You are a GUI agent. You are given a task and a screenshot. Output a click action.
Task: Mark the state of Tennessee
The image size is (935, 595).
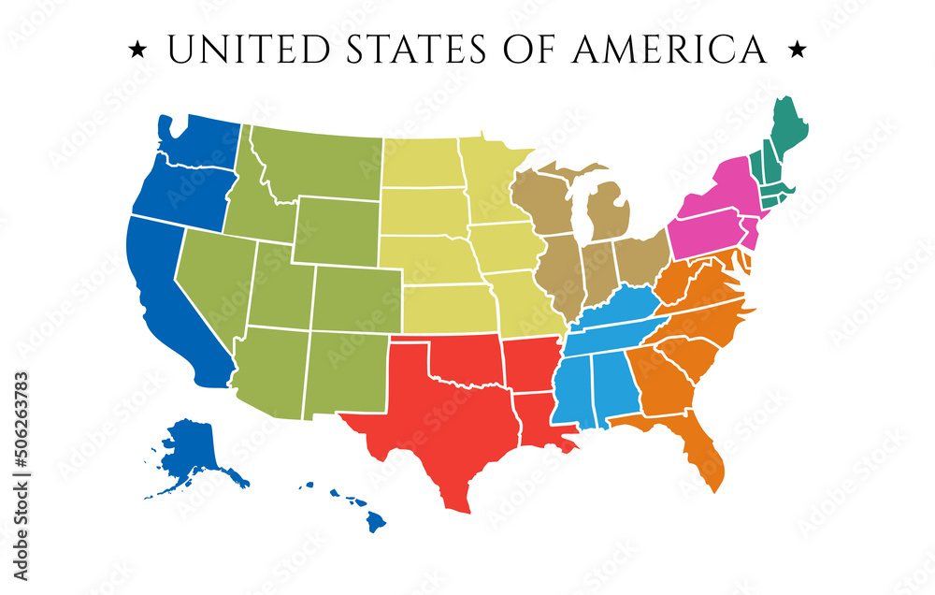coord(617,324)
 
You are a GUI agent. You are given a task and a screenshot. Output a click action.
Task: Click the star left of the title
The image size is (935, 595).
coord(137,47)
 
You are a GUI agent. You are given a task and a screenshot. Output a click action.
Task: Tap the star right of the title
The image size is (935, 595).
coord(798,47)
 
